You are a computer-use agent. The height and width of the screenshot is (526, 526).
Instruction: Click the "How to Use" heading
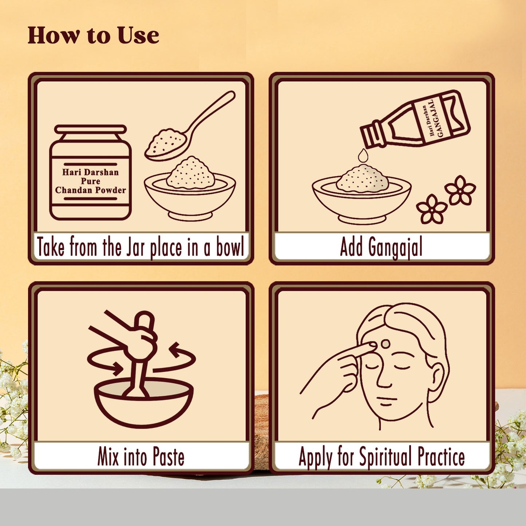tap(93, 35)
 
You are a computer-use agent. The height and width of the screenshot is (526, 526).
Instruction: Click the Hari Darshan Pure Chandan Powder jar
tap(90, 172)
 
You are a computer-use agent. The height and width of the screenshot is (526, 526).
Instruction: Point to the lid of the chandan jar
tap(90, 129)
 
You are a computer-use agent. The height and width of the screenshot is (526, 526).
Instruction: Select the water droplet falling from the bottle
tap(363, 155)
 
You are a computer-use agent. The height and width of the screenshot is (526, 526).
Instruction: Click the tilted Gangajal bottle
tap(415, 119)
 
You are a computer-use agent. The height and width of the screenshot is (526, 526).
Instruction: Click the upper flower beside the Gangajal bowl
tap(460, 190)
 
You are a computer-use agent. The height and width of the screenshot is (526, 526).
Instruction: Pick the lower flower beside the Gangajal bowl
tap(432, 209)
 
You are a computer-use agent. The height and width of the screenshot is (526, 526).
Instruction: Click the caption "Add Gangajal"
tap(381, 248)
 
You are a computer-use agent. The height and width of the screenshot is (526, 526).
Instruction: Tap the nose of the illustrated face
tap(384, 377)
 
